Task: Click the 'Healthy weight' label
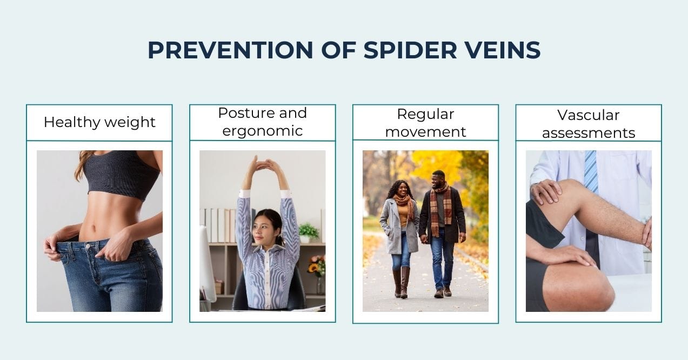tap(99, 122)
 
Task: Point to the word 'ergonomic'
tap(262, 131)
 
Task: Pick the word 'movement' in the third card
tap(425, 131)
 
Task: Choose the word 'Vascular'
tap(588, 115)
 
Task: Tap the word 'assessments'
tap(588, 132)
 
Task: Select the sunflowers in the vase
tap(316, 265)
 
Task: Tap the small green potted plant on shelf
tap(309, 232)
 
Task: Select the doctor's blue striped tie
tap(590, 170)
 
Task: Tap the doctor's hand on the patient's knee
tap(546, 191)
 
